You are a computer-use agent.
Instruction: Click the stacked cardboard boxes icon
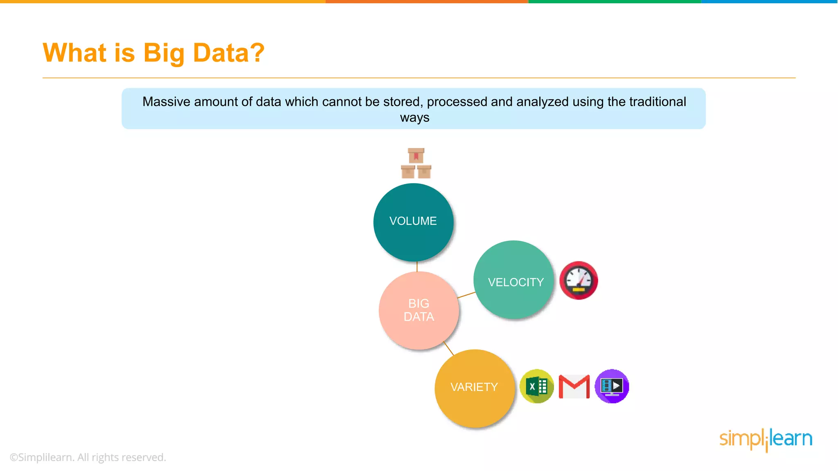point(416,164)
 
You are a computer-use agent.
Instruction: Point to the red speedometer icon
point(578,280)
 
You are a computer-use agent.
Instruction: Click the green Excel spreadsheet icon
point(536,386)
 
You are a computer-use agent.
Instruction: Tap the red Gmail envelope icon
point(574,386)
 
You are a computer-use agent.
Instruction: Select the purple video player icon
point(612,386)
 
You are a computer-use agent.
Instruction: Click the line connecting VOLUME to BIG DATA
point(417,267)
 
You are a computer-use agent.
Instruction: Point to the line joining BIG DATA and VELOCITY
point(466,295)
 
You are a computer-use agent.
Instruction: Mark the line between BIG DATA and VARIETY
point(448,348)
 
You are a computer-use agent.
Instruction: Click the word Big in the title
point(164,53)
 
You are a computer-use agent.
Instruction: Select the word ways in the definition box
point(414,118)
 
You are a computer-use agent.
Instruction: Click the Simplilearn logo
point(766,440)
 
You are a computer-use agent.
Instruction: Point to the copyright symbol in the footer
point(14,458)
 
